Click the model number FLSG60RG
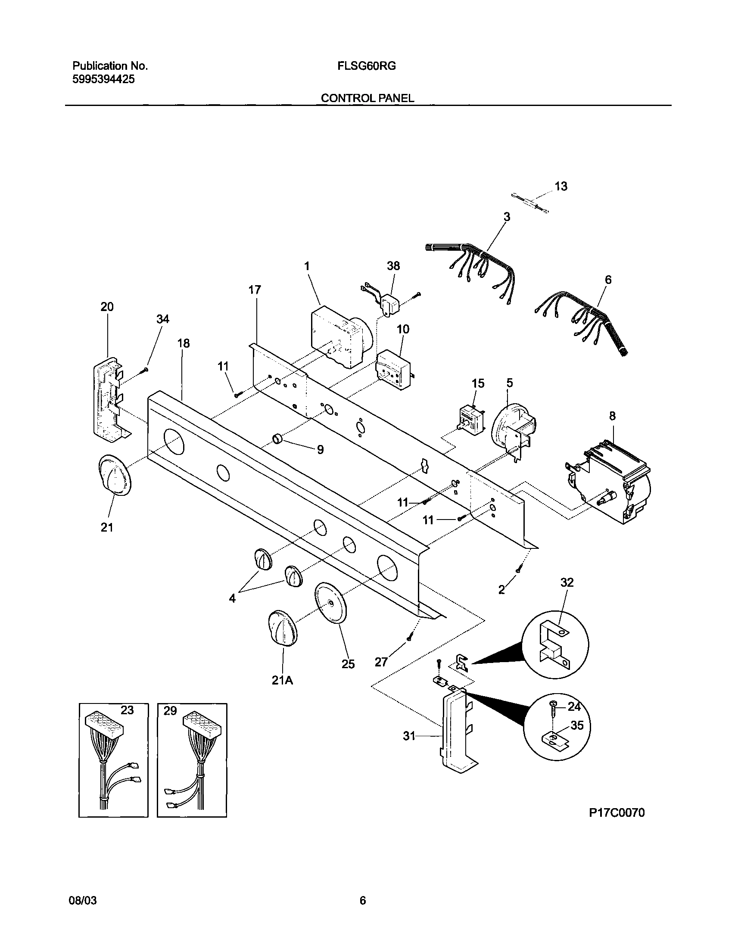point(367,66)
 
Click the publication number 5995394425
point(103,80)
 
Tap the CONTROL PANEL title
point(367,99)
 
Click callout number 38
point(393,266)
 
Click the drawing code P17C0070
point(617,813)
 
